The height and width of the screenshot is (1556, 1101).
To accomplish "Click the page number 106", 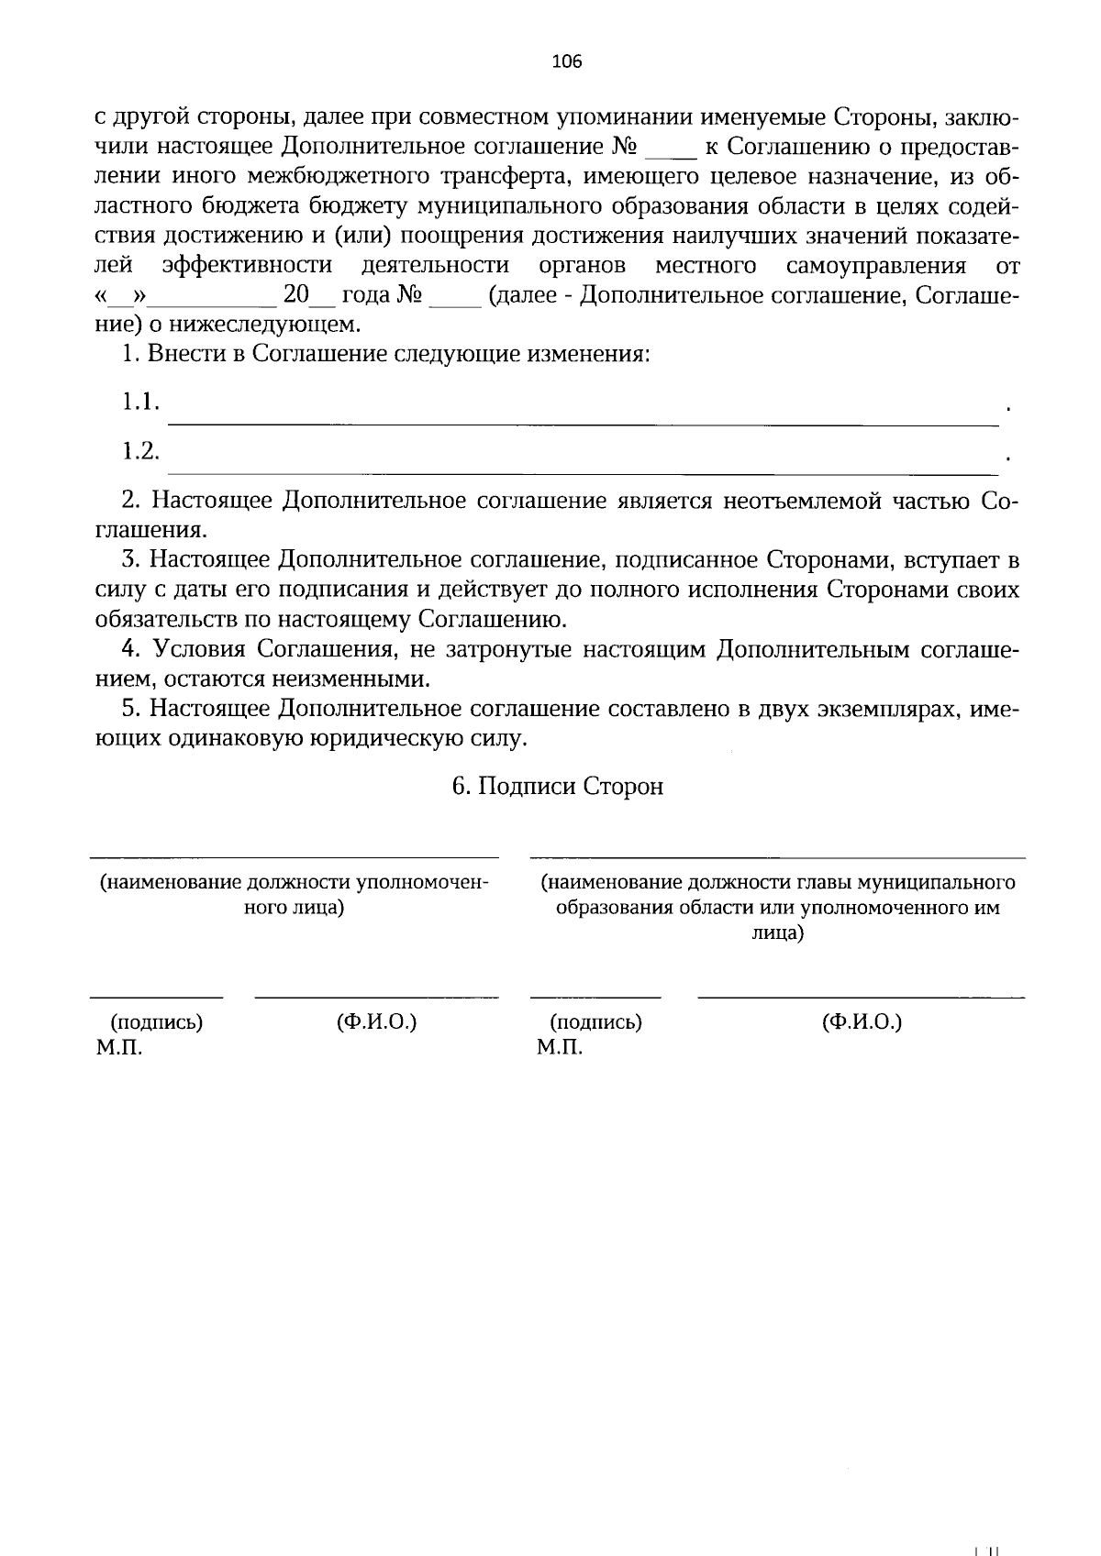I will pyautogui.click(x=567, y=62).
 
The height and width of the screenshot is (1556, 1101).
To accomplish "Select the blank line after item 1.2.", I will pyautogui.click(x=584, y=474).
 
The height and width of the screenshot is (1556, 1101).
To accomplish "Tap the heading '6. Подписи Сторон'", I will pyautogui.click(x=557, y=787).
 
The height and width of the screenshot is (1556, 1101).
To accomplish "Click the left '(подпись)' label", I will pyautogui.click(x=157, y=1021).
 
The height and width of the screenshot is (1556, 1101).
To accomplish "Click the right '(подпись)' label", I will pyautogui.click(x=595, y=1021).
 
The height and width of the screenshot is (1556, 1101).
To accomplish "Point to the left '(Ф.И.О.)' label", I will pyautogui.click(x=376, y=1021).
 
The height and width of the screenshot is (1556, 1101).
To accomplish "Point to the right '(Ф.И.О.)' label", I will pyautogui.click(x=862, y=1021).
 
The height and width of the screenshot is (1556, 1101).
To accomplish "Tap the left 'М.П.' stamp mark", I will pyautogui.click(x=118, y=1047).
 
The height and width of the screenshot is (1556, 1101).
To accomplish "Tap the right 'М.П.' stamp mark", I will pyautogui.click(x=560, y=1047).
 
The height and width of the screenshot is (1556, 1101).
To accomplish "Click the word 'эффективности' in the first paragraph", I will pyautogui.click(x=247, y=266).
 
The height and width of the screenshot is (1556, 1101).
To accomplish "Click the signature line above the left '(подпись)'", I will pyautogui.click(x=156, y=997).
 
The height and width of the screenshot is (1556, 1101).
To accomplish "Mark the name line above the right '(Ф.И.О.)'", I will pyautogui.click(x=861, y=997).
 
